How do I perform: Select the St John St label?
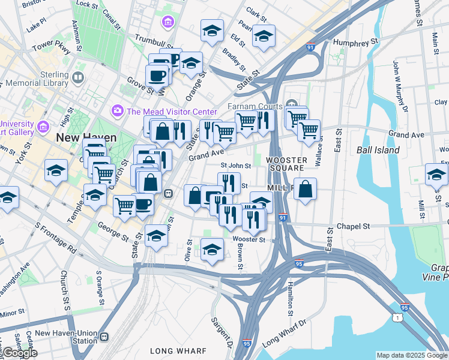(x=235, y=166)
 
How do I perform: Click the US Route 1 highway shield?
(x=397, y=316)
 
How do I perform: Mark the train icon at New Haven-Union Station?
(x=104, y=337)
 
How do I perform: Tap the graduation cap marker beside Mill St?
(x=436, y=174)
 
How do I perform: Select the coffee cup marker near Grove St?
(x=158, y=75)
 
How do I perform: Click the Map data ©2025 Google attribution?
(x=411, y=355)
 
